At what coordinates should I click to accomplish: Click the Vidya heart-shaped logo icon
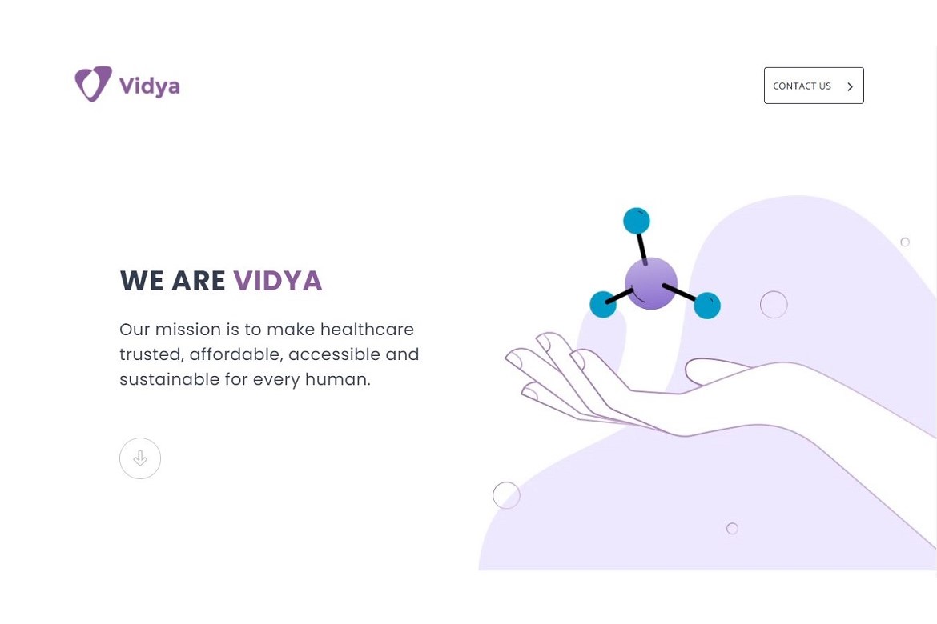tap(93, 83)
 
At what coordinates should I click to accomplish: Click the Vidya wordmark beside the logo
tap(150, 86)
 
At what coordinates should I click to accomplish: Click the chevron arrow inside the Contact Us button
tap(850, 86)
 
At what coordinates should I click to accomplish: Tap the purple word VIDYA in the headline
tap(278, 281)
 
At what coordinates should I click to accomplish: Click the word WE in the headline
tap(142, 281)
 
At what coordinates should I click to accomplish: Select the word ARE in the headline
tap(199, 281)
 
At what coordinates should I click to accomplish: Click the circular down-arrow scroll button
tap(140, 458)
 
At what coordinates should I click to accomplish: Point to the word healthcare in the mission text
tap(367, 329)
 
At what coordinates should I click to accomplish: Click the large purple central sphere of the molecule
tap(651, 284)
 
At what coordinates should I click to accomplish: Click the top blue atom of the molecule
tap(637, 221)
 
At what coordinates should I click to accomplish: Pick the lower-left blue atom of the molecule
tap(603, 305)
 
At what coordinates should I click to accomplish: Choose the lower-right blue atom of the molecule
tap(707, 305)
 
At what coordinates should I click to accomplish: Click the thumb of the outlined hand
tap(714, 371)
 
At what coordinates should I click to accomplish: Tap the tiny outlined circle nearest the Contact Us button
tap(905, 242)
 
